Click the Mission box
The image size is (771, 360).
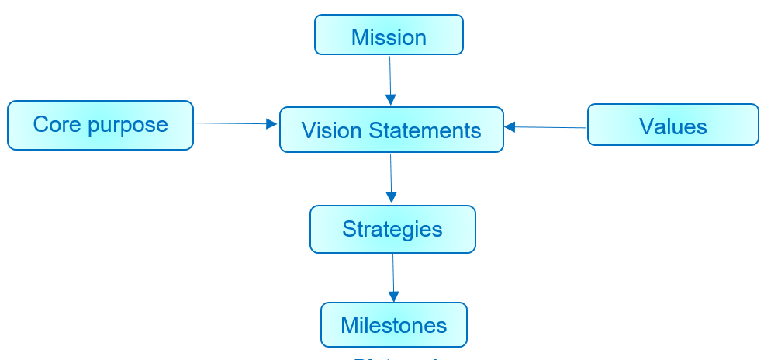[389, 36]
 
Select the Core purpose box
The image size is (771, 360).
[100, 125]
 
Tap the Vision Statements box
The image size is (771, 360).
[391, 130]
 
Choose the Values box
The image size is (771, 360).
[672, 126]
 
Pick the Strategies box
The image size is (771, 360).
[392, 230]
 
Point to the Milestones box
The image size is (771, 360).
[394, 324]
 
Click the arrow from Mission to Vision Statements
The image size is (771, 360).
[390, 78]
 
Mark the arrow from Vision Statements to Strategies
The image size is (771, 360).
[391, 177]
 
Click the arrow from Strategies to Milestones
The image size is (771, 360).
[393, 275]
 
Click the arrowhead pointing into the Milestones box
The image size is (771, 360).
[394, 296]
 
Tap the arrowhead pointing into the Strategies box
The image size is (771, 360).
[392, 199]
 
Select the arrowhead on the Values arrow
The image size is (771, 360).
[510, 126]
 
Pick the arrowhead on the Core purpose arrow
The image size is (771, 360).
[272, 124]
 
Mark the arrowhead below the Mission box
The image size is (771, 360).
[391, 100]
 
